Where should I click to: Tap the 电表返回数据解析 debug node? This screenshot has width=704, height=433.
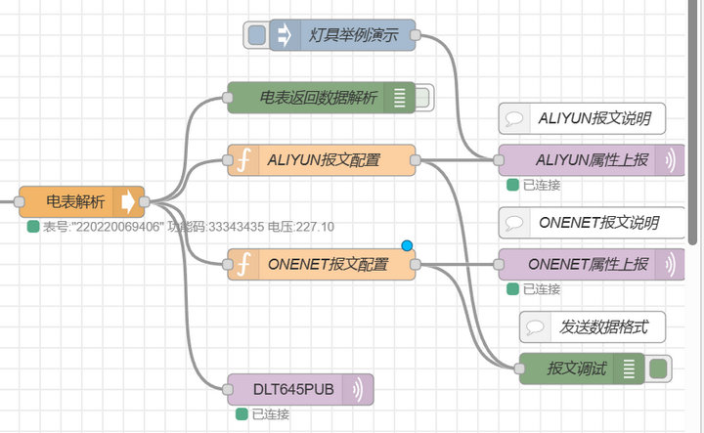pos(318,97)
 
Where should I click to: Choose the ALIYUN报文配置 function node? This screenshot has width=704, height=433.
pos(323,160)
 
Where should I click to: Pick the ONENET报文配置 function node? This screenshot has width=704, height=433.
pos(327,264)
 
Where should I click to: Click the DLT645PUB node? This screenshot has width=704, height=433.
pos(293,389)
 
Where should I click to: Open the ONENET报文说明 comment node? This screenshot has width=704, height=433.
pos(591,222)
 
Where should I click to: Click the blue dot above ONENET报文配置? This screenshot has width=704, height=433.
pos(407,244)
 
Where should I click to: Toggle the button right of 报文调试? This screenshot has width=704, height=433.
pos(659,368)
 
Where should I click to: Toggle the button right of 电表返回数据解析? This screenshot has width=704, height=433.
pos(422,97)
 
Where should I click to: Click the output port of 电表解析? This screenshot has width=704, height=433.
pos(145,202)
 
